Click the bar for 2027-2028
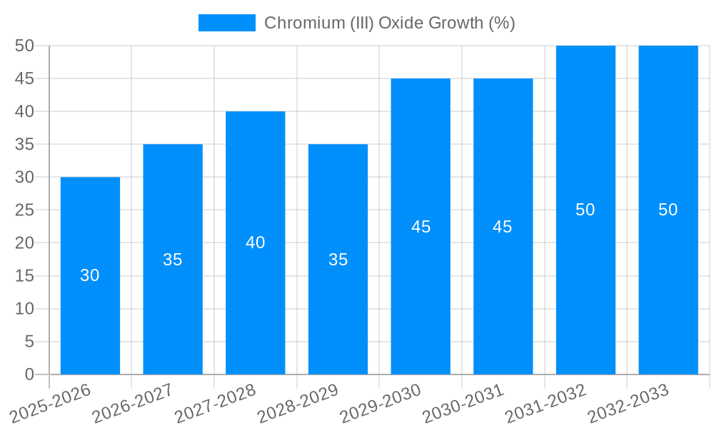[255, 300]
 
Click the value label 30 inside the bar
[90, 275]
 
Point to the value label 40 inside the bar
[255, 243]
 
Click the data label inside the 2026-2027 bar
[173, 260]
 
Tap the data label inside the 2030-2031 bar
[503, 227]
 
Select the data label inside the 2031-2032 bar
[585, 210]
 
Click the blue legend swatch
[226, 23]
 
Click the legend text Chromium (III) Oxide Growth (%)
[389, 23]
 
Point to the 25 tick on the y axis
[24, 210]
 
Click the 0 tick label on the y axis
[29, 374]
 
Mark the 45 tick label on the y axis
[24, 78]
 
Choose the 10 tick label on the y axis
[24, 308]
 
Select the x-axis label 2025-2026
[51, 404]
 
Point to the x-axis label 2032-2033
[629, 404]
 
